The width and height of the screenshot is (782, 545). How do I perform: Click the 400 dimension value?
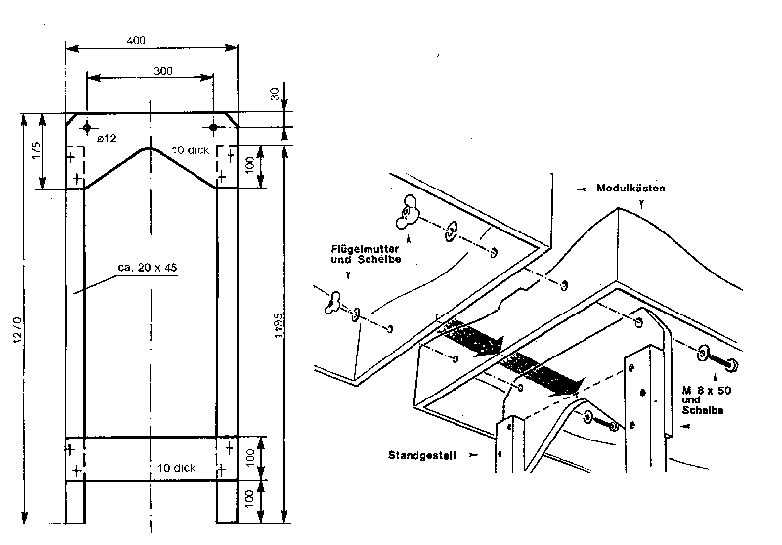coord(137,40)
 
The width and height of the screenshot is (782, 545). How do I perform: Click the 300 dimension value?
coord(150,71)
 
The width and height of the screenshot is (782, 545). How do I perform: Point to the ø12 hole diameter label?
coord(108,139)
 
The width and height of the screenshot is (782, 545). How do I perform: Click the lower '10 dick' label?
coord(176,467)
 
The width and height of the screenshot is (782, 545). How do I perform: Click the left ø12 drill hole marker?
coord(87,128)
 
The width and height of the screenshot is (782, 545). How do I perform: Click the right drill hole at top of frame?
coord(214,127)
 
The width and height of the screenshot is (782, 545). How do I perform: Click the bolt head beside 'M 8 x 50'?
coord(728,364)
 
